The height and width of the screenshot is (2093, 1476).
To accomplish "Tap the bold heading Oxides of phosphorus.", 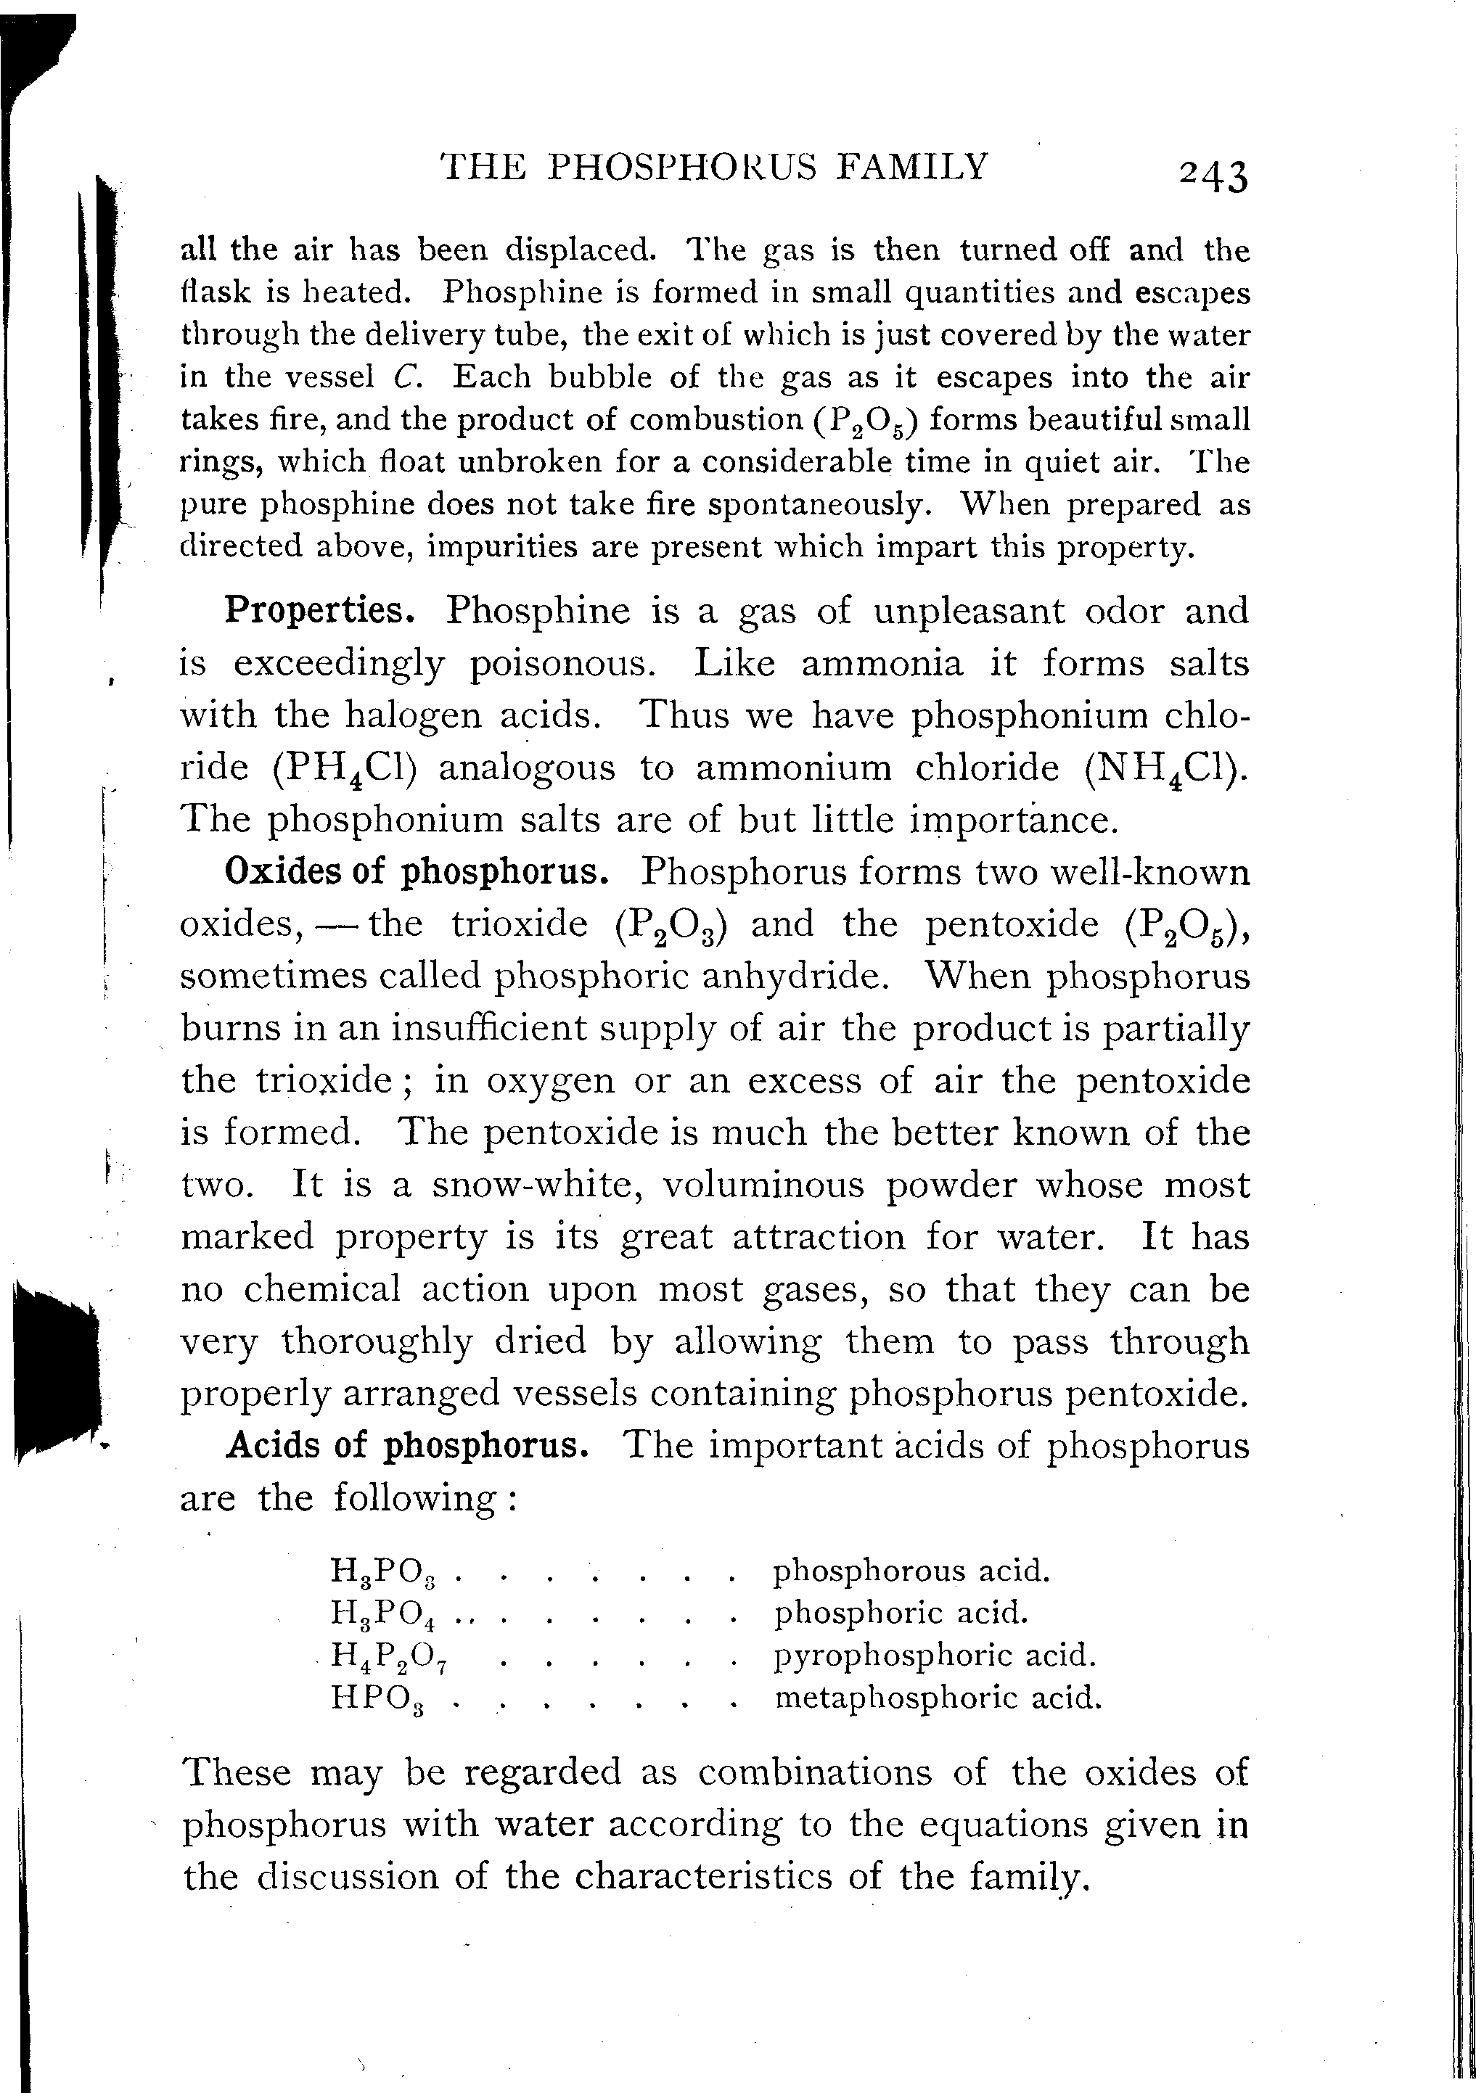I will (417, 873).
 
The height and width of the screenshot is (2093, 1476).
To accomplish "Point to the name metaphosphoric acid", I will (938, 1698).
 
